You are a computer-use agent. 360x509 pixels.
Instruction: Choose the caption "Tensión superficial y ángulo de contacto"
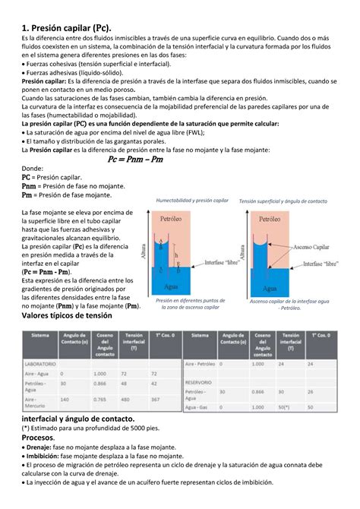(x=283, y=201)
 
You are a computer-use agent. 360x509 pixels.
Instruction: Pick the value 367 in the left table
(x=155, y=399)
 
